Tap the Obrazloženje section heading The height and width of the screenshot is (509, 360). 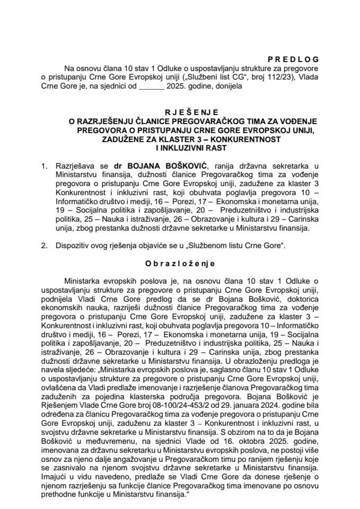coord(180,261)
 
